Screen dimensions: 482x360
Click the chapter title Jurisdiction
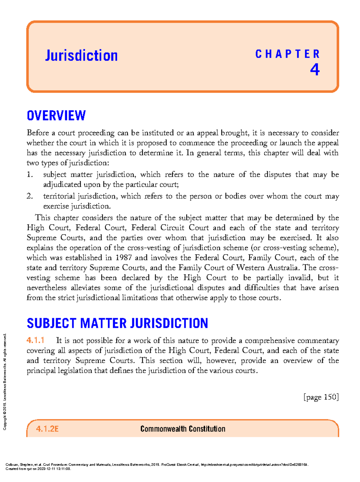(x=81, y=55)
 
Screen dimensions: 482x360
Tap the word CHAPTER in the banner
(x=287, y=54)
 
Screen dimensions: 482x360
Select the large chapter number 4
(x=314, y=70)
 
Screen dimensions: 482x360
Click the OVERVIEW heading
(x=56, y=116)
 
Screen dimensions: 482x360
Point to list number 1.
(x=29, y=174)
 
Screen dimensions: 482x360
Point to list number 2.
(x=29, y=196)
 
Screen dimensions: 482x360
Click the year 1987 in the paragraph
(x=124, y=258)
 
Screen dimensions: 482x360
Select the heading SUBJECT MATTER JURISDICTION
(x=117, y=323)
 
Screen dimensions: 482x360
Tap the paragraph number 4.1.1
(x=35, y=340)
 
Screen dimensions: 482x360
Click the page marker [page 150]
(x=321, y=397)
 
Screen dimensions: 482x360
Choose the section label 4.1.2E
(x=47, y=429)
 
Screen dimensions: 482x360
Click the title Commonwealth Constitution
(x=183, y=429)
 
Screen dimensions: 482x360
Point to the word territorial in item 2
(x=59, y=196)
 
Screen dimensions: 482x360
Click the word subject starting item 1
(x=55, y=174)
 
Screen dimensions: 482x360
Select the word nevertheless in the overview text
(x=46, y=288)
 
